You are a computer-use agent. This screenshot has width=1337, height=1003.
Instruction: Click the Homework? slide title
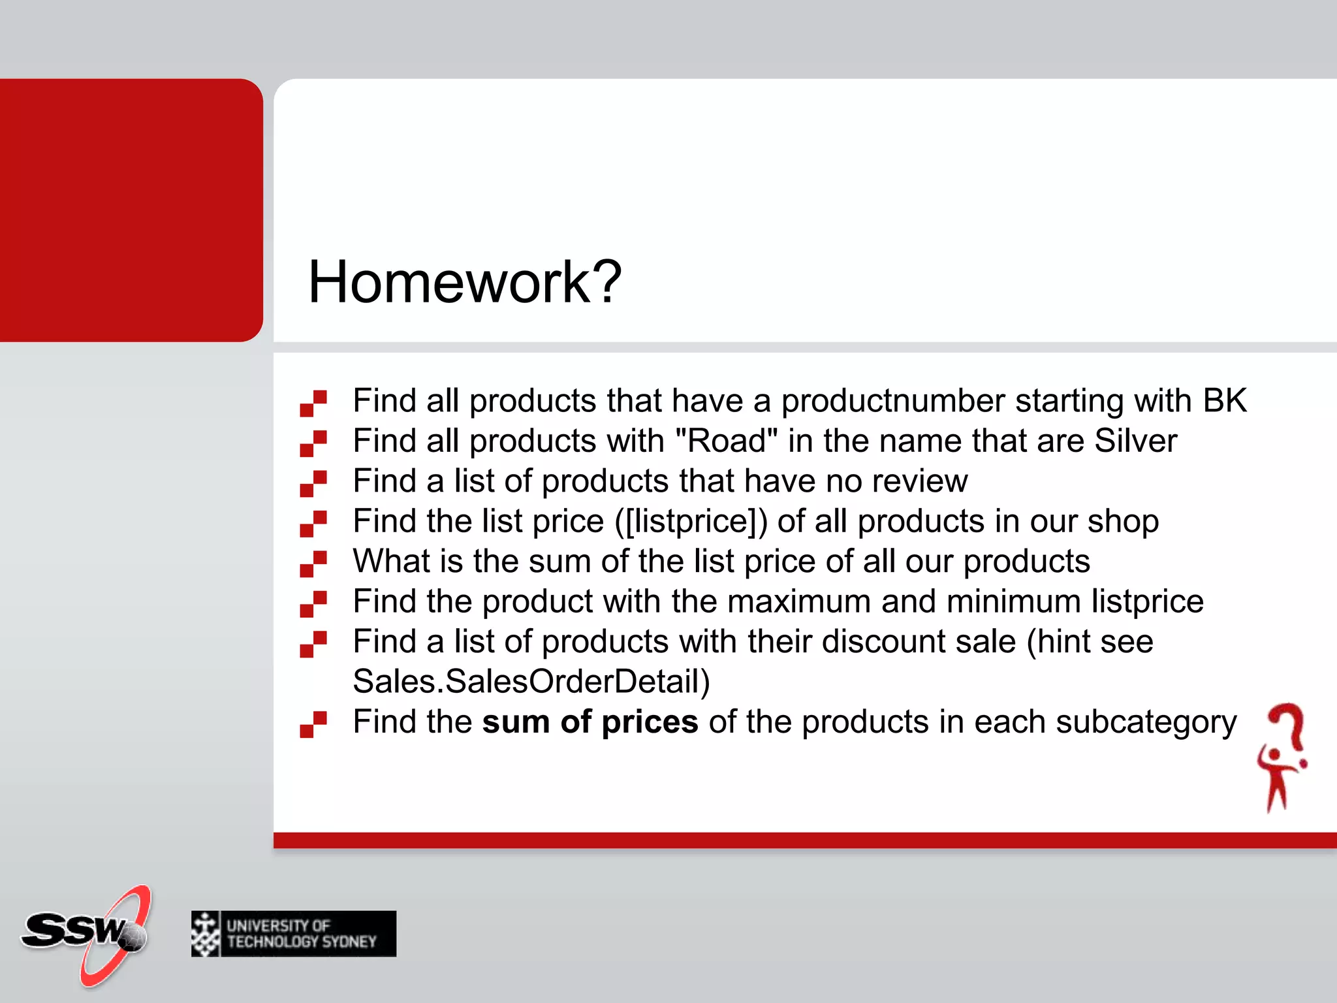click(464, 282)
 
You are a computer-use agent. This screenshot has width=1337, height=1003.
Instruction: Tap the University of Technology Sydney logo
click(294, 934)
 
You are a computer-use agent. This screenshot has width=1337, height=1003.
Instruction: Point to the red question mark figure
click(1282, 757)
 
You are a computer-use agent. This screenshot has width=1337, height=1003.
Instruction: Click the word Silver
click(1136, 441)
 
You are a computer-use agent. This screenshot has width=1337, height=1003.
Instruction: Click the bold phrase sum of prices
click(590, 722)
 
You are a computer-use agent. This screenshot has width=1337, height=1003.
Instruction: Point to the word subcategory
click(1146, 722)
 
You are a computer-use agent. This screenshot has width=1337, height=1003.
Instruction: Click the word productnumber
click(892, 401)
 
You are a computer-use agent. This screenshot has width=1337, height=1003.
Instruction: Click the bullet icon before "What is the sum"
click(313, 564)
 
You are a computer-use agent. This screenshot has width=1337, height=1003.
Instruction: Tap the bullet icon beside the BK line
click(313, 404)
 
